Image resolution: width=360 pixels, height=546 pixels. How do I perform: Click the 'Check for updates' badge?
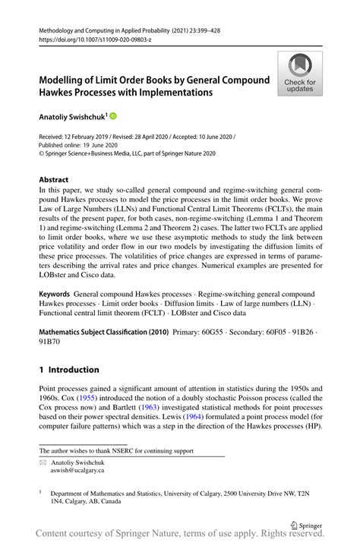300,74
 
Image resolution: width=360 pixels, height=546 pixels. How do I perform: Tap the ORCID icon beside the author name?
113,116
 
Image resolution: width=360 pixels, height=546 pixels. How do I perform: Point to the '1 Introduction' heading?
69,370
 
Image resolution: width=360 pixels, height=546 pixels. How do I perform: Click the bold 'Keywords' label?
55,293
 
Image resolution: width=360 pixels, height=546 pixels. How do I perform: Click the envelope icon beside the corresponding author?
43,461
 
